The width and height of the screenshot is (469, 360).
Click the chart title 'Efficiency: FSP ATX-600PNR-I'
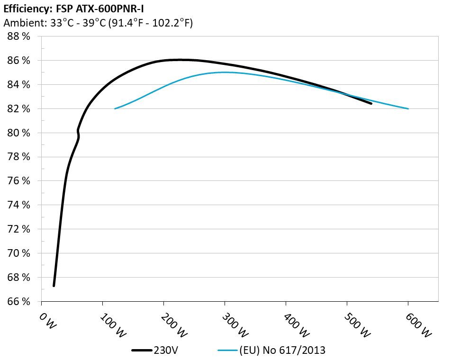73,8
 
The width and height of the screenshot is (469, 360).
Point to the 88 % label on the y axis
19,36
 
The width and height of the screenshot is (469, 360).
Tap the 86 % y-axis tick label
19,61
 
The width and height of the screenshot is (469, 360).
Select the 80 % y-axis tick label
19,133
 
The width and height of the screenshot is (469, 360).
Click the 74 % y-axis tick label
19,205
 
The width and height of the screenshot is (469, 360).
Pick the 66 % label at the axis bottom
19,302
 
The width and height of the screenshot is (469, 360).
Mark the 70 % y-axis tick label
19,253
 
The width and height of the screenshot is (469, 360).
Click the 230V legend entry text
166,351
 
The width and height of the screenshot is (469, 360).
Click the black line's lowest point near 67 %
54,285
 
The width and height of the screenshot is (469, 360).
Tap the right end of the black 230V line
371,103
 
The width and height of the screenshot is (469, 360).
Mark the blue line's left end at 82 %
115,109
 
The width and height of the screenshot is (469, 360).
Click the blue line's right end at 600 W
408,109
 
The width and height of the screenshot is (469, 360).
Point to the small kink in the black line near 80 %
78,132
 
